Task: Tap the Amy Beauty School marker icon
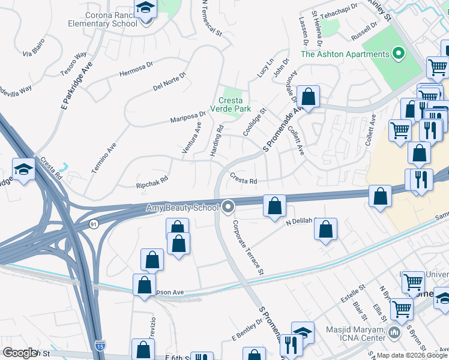(x=228, y=208)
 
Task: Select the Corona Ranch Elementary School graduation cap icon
(x=145, y=10)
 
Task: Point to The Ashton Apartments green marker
(x=397, y=54)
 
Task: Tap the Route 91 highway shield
(x=92, y=223)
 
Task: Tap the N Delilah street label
(x=300, y=221)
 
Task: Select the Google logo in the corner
(x=20, y=352)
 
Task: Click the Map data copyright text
(x=412, y=355)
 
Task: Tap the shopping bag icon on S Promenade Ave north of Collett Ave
(x=308, y=97)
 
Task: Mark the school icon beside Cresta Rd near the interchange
(x=23, y=169)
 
